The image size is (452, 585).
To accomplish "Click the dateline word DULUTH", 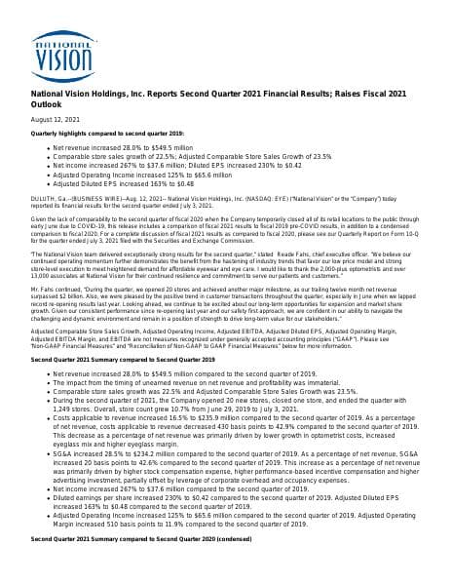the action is [x=44, y=197].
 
